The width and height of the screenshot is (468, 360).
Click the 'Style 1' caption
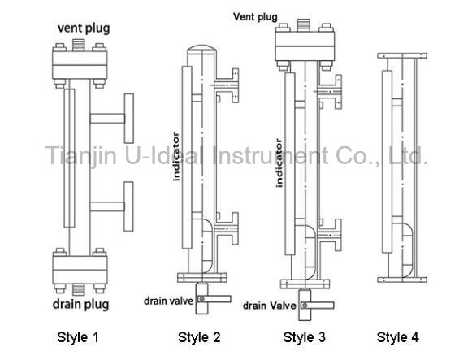pos(78,337)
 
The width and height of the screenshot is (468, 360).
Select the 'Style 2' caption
pos(199,337)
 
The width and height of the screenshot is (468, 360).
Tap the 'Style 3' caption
pos(304,337)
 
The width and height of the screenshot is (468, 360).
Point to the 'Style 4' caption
pos(398,337)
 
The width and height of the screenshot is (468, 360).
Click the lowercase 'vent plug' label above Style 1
pos(84,28)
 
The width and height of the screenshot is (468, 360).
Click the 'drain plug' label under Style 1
pos(81,305)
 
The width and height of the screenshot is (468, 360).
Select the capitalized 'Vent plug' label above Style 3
pos(255,17)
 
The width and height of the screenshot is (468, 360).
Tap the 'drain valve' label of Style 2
pos(169,301)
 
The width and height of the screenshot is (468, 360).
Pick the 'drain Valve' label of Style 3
pos(270,306)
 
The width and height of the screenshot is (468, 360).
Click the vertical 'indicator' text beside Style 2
pos(176,156)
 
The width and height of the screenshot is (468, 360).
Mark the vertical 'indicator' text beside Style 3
pos(279,163)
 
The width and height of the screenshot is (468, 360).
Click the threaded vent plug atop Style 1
pos(79,45)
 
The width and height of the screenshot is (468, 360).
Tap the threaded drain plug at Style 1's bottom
pos(79,289)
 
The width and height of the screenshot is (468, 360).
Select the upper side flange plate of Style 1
pos(129,118)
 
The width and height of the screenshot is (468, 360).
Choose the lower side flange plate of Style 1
pos(128,206)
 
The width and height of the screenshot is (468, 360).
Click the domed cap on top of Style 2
pos(201,48)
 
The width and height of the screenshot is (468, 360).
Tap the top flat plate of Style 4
pos(402,55)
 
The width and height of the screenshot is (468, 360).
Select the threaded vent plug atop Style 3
pos(304,24)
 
